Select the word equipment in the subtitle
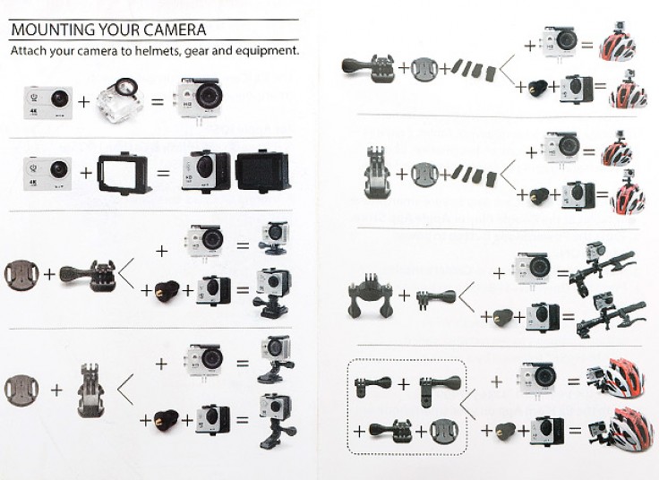pyautogui.click(x=263, y=51)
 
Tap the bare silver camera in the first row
pyautogui.click(x=48, y=99)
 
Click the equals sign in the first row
pyautogui.click(x=158, y=99)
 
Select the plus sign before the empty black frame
pyautogui.click(x=87, y=169)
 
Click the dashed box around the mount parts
pyautogui.click(x=407, y=407)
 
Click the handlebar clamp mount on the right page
pyautogui.click(x=372, y=297)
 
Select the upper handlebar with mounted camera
pyautogui.click(x=609, y=265)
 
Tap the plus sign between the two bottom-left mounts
pyautogui.click(x=57, y=390)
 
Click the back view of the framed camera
pyautogui.click(x=261, y=170)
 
